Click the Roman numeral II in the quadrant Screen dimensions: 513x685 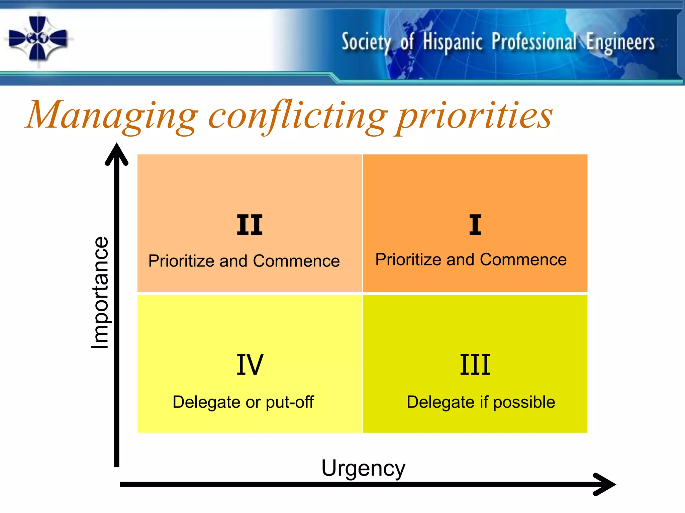250,225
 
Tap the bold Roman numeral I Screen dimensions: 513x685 475,225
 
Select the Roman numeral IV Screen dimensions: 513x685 250,365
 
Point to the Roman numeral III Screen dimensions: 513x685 475,365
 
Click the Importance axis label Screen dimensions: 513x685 100,293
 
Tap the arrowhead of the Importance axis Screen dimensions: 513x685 117,154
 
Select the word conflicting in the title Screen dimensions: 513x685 298,116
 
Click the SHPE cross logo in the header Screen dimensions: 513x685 38,39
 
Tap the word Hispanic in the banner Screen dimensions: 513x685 453,42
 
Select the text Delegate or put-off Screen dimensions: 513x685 243,402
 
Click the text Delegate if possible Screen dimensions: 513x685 481,402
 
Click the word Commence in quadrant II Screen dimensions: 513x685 296,261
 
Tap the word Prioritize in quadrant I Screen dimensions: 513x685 408,260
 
